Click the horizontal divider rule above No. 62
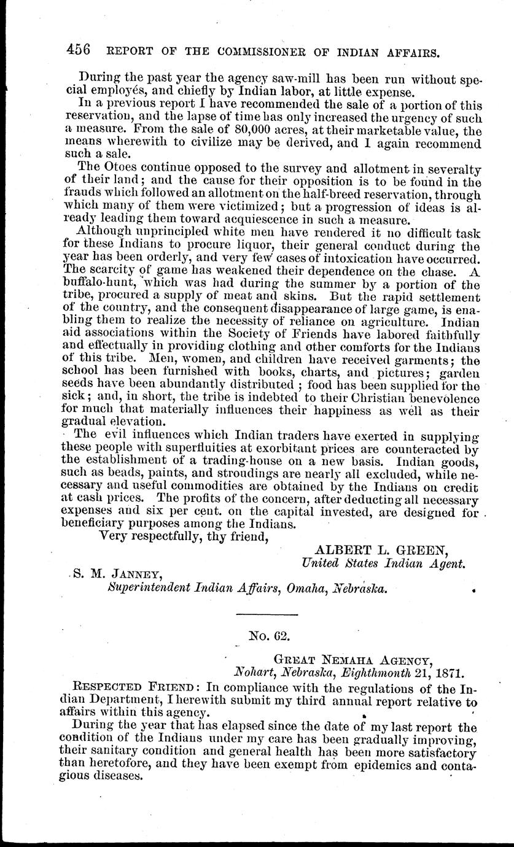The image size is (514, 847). [x=257, y=614]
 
